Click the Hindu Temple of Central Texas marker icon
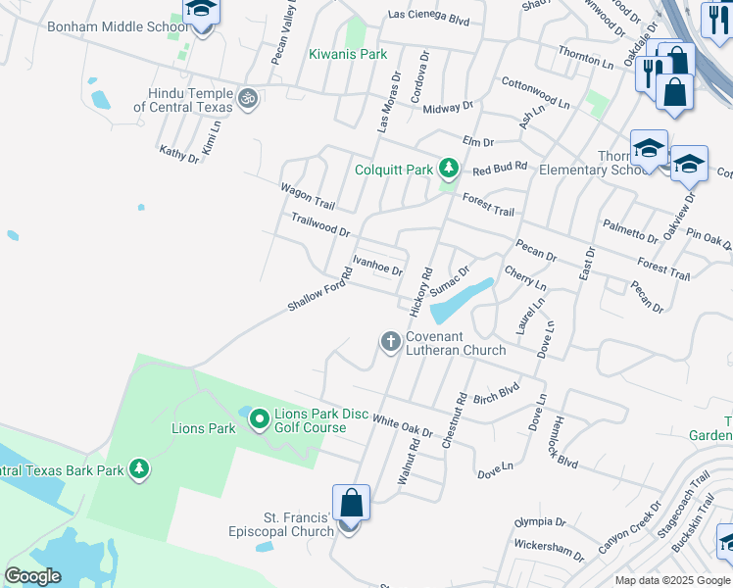tap(248, 99)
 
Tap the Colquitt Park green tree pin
tap(449, 170)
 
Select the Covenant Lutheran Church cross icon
tap(390, 341)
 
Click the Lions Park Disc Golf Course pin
tap(260, 419)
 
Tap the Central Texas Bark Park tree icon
tap(139, 469)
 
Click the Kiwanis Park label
tap(348, 55)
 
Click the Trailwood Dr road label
tap(319, 224)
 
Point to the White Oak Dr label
tap(402, 424)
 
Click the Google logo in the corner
tap(32, 576)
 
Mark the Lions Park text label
tap(204, 428)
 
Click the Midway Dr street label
tap(448, 106)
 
